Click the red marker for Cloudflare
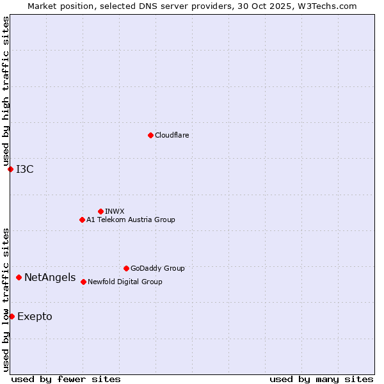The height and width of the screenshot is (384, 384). tap(150, 135)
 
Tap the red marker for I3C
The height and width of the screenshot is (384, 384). tap(10, 169)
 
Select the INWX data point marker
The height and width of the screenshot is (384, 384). tap(100, 211)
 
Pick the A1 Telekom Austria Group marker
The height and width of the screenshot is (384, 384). tap(82, 220)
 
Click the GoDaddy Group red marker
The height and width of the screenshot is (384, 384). tap(126, 268)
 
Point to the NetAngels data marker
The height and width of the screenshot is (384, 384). tap(19, 277)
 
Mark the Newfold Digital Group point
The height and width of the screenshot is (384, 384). tap(83, 282)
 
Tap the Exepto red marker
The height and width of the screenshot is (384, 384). tap(12, 316)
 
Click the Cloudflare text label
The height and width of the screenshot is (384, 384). tap(172, 135)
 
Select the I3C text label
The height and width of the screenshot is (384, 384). tap(25, 169)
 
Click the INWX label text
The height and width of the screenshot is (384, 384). tap(115, 211)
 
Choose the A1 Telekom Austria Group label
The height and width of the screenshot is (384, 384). tap(131, 220)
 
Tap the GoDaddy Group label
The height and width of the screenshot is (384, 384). tap(157, 268)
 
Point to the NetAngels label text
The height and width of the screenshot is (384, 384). tap(50, 278)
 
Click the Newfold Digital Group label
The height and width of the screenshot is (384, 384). tap(125, 282)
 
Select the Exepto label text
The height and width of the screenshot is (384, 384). tap(35, 317)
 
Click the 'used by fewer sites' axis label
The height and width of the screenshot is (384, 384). tap(66, 379)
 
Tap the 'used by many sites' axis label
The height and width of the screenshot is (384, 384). tap(321, 379)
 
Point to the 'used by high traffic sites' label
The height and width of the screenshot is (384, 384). tap(6, 91)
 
